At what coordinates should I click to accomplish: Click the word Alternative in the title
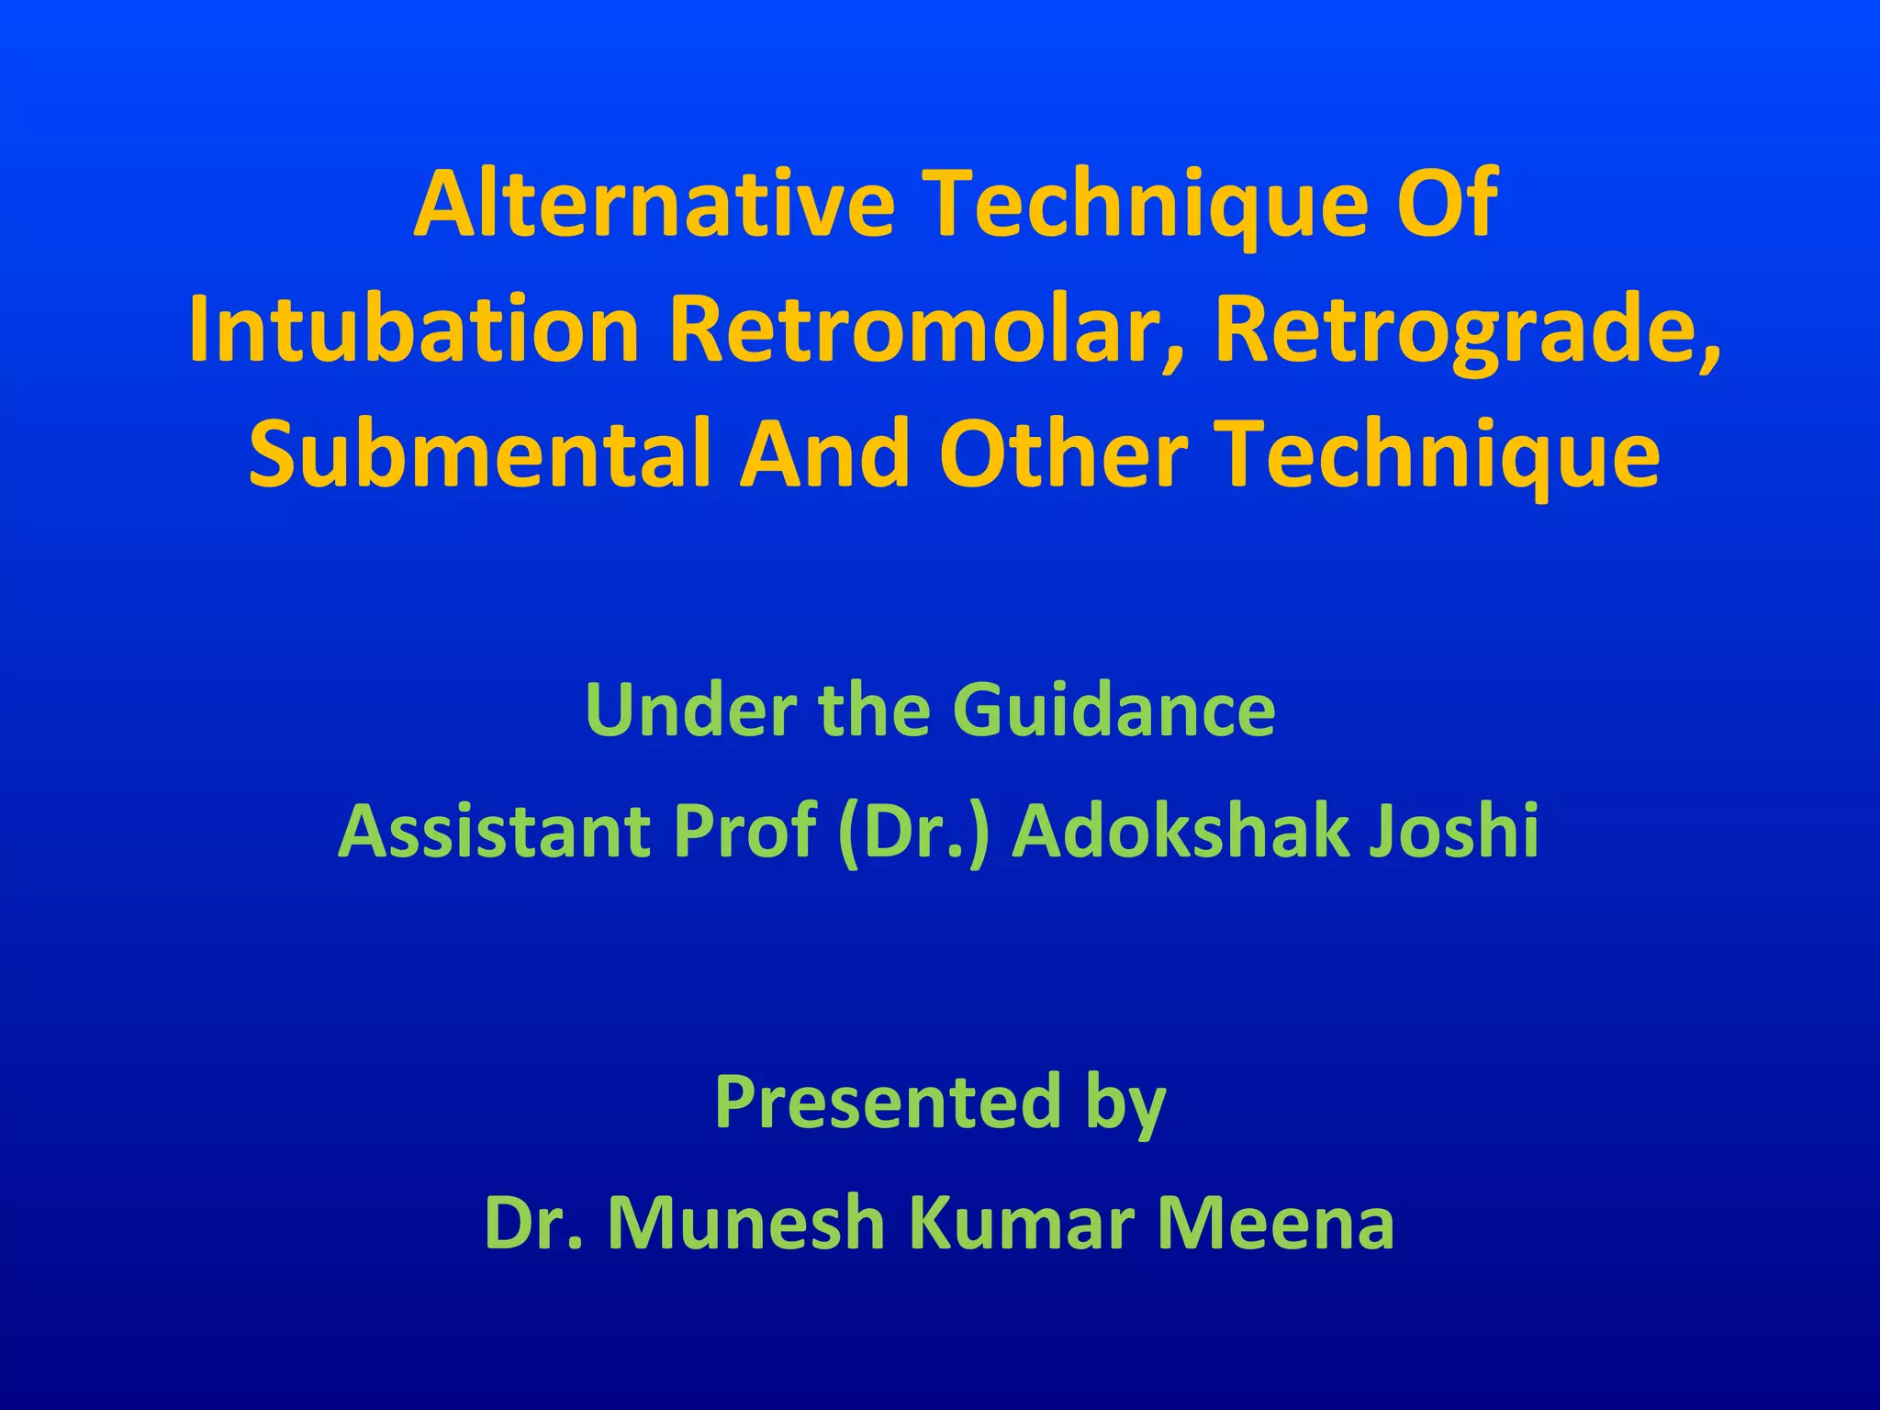(654, 203)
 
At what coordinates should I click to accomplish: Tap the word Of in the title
(1448, 203)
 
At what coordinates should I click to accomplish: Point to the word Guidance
(1113, 710)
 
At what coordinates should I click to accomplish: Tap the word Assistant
(493, 831)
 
